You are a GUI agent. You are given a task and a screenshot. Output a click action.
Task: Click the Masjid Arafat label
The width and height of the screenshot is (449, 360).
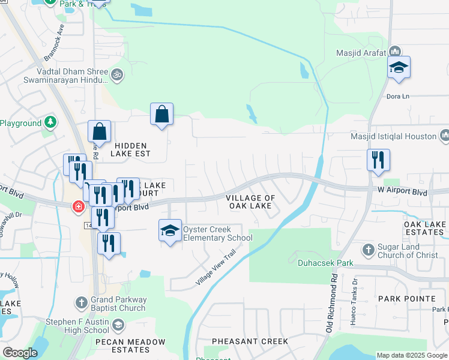358,52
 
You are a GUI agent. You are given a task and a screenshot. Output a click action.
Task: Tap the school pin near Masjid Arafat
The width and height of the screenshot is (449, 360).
399,68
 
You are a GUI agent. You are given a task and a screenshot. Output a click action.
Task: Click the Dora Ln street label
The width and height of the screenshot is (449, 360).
397,96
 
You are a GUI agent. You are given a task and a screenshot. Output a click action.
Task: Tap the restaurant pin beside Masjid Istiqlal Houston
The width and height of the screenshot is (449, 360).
379,161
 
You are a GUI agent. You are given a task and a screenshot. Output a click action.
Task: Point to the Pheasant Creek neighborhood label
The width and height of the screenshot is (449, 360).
250,341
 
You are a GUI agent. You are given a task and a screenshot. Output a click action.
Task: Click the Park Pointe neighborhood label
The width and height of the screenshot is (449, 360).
406,298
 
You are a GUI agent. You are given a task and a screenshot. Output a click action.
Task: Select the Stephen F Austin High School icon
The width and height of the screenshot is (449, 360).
118,326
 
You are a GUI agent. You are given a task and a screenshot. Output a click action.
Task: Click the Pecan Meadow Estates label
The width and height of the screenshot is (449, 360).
130,346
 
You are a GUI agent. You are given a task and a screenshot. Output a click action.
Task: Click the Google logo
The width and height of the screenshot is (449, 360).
20,353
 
